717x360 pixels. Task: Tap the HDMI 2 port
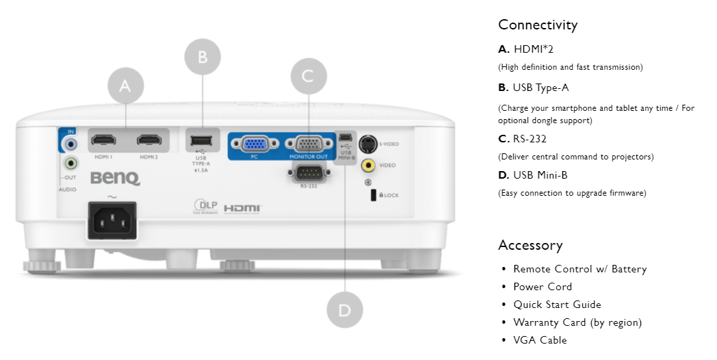(x=148, y=142)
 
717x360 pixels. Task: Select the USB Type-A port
(x=202, y=142)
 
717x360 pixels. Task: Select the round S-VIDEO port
(x=368, y=144)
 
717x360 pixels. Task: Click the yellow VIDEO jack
(x=368, y=165)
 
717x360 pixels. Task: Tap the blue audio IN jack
(x=70, y=144)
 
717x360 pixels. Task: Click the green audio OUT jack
(x=70, y=164)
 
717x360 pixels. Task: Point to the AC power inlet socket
(x=111, y=219)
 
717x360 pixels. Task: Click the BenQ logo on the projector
(x=115, y=179)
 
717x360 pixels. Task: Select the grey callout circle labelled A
(x=125, y=86)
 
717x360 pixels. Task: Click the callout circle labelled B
(x=203, y=57)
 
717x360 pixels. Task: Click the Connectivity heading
(x=538, y=25)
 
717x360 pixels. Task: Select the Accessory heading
(x=530, y=245)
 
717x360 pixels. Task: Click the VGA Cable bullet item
(x=540, y=340)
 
